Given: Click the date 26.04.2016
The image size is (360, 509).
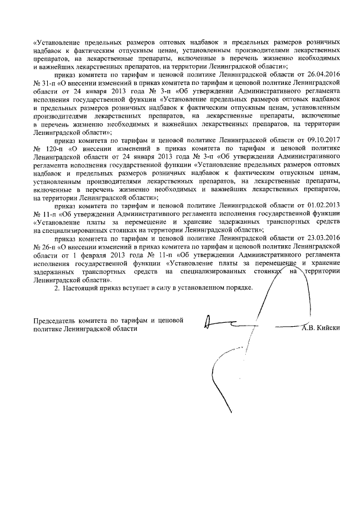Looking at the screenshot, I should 324,74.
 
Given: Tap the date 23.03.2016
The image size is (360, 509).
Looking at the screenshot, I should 324,238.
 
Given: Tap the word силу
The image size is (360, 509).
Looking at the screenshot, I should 169,288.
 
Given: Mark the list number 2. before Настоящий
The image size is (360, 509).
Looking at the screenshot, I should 56,288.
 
